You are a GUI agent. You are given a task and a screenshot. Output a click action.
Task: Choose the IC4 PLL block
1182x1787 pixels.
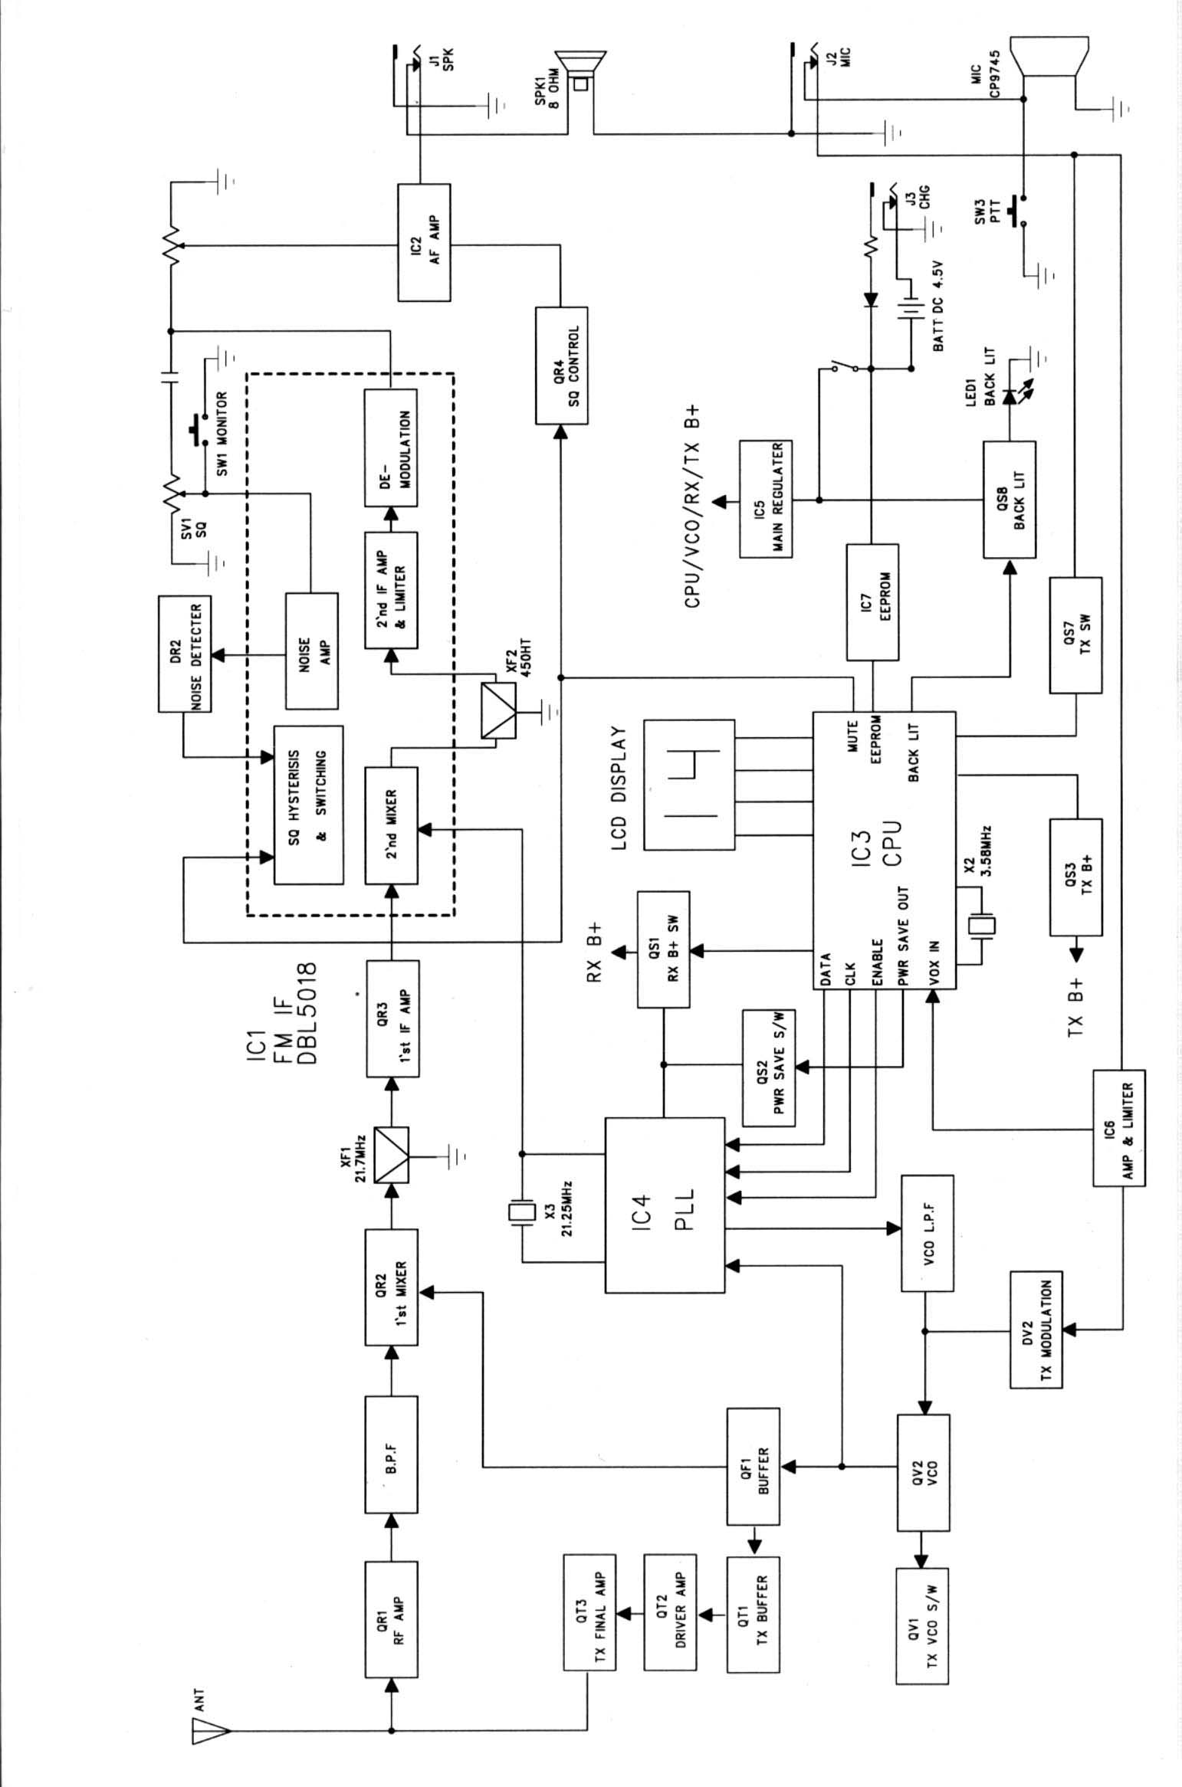tap(665, 1204)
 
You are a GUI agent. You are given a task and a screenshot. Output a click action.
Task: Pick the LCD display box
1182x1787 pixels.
tap(689, 785)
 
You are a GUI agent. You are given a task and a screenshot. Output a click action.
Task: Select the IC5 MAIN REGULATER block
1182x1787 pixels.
tap(766, 499)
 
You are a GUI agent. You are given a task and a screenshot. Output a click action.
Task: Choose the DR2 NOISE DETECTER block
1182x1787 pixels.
tap(185, 653)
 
